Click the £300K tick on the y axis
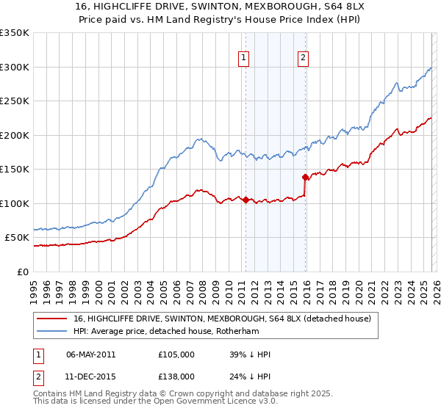tap(15, 67)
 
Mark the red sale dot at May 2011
tap(245, 200)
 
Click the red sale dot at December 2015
tap(305, 177)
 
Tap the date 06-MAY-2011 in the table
tap(90, 354)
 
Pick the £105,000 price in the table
tap(176, 354)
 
